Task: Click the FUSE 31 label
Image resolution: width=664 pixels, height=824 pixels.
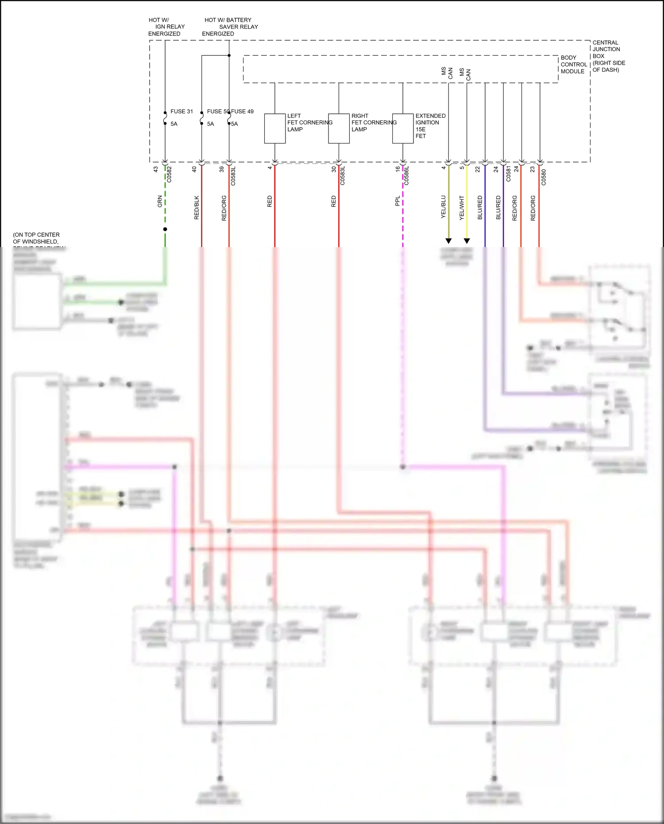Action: click(x=181, y=112)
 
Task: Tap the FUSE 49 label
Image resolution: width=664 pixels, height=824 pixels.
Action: click(x=243, y=112)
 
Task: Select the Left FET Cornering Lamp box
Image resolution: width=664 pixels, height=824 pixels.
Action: click(x=275, y=128)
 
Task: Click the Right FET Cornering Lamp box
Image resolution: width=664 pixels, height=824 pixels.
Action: click(x=339, y=128)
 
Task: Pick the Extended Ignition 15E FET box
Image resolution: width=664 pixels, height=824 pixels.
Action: click(x=403, y=128)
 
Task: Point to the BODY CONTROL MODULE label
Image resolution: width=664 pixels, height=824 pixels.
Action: click(x=574, y=65)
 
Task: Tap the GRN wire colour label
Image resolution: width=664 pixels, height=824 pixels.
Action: click(x=160, y=201)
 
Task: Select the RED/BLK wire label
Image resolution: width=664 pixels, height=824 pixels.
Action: click(x=197, y=207)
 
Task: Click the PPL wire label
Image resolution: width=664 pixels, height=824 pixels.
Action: click(x=398, y=201)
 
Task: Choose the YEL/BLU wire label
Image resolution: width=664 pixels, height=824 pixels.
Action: click(x=443, y=207)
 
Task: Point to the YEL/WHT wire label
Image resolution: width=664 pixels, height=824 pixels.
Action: click(x=462, y=208)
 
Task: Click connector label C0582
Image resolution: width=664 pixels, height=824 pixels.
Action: click(x=169, y=174)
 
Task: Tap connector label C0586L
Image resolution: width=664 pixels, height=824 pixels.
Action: click(x=406, y=176)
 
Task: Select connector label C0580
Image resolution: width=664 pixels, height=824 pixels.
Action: click(x=544, y=177)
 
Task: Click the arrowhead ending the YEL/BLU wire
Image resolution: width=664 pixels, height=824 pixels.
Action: click(x=448, y=241)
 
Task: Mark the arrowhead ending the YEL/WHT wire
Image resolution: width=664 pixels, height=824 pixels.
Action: click(x=467, y=241)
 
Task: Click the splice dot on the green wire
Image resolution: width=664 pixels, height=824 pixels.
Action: click(x=165, y=229)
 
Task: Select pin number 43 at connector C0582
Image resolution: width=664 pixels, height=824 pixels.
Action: click(x=155, y=169)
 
